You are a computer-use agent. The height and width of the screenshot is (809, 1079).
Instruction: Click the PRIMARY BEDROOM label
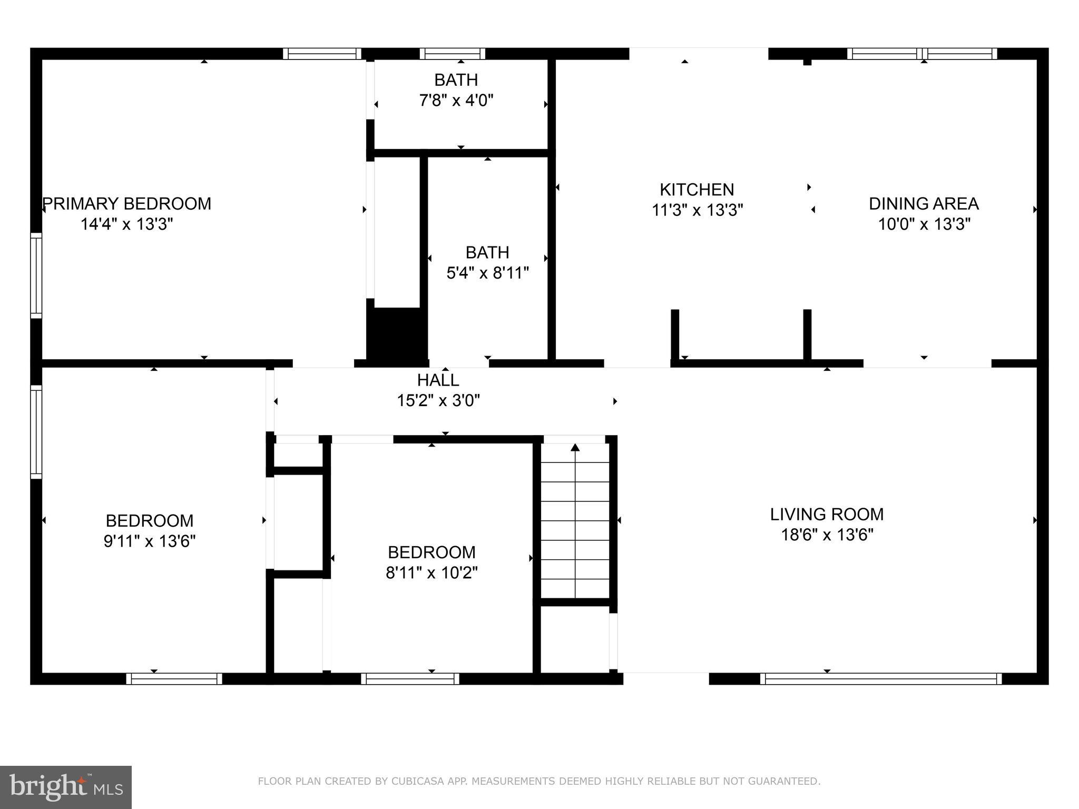point(127,203)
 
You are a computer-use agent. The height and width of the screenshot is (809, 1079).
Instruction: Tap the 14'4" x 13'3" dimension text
point(127,224)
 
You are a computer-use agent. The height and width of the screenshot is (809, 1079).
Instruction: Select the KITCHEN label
point(697,190)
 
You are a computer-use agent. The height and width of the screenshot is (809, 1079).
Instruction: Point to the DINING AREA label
point(924,203)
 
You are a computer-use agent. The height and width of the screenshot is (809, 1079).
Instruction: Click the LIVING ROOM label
point(827,514)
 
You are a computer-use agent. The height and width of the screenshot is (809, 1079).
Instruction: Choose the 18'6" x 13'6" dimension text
point(827,535)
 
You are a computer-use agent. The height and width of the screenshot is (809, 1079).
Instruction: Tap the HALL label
point(438,380)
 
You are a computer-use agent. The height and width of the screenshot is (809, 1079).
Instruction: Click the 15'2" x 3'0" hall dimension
point(438,401)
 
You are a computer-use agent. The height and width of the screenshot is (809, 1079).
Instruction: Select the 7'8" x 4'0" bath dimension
point(456,100)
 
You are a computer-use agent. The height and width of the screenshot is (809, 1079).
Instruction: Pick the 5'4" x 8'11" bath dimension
point(487,273)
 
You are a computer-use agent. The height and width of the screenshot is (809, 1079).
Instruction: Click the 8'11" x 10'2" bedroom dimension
point(431,573)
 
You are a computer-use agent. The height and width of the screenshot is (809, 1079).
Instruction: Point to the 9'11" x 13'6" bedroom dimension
point(150,541)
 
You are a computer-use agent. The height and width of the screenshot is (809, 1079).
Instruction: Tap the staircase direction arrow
point(575,448)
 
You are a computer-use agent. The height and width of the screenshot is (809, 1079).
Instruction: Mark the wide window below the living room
point(880,679)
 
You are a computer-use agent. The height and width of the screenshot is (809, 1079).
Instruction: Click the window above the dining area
point(922,54)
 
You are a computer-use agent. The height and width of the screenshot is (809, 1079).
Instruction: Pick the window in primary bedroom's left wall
point(36,275)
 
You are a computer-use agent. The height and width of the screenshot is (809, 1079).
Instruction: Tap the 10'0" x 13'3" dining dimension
point(924,224)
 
